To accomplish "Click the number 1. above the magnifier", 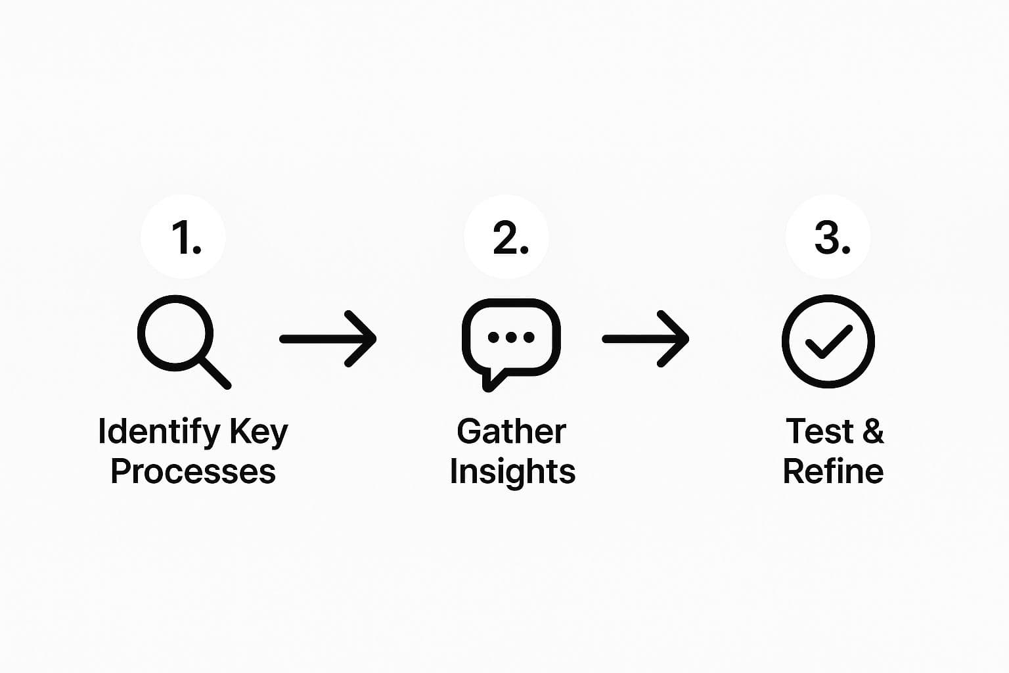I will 185,237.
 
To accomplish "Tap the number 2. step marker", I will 509,237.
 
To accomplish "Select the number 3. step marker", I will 831,237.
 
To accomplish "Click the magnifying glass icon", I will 176,334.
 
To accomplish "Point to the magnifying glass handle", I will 214,373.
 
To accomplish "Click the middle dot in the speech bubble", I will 511,338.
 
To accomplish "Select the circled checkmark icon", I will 828,341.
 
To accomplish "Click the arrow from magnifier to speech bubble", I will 328,339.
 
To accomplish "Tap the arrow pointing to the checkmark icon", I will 646,339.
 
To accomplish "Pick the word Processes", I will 193,472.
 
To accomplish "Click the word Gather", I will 511,432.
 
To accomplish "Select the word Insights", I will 512,472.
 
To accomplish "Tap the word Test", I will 819,432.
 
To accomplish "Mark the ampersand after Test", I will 873,432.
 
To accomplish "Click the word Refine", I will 833,472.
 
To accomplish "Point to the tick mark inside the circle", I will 829,341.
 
